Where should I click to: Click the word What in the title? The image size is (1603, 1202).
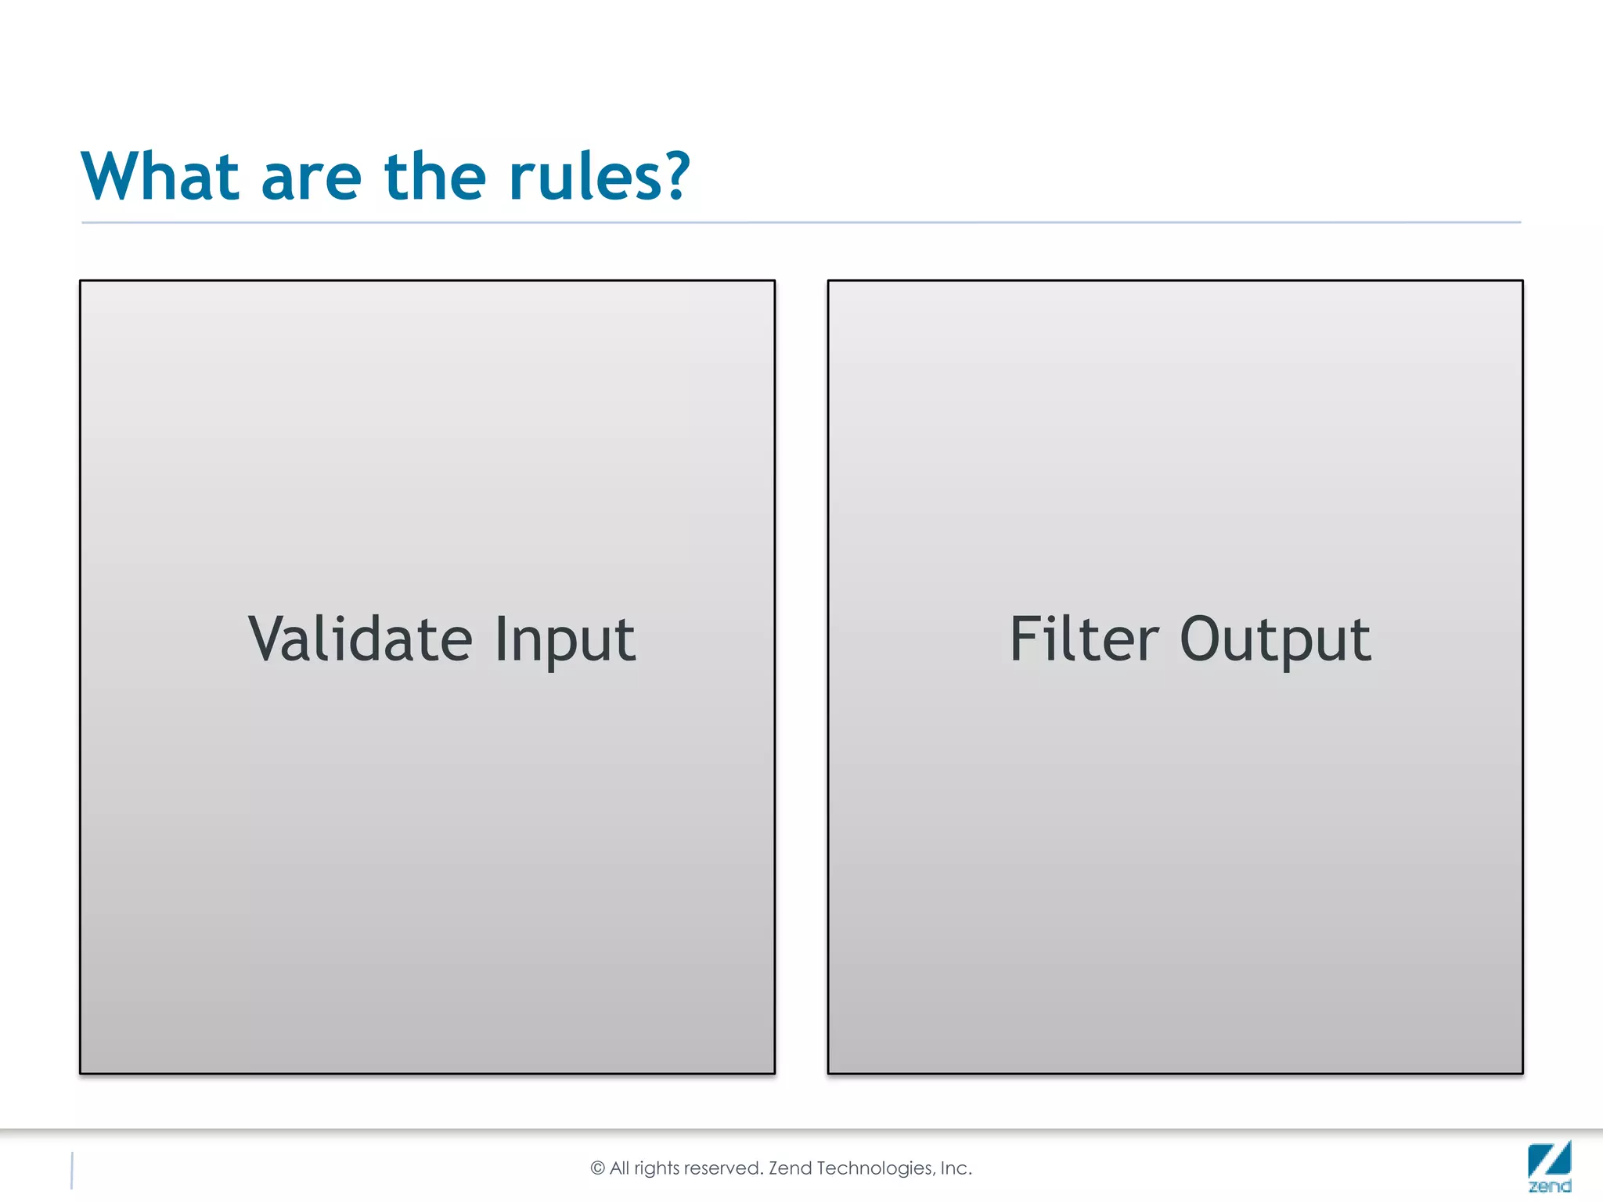coord(160,177)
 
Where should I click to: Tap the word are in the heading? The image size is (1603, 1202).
coord(311,178)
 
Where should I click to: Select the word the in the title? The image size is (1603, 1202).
coord(435,177)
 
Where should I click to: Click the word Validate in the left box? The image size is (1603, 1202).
coord(360,639)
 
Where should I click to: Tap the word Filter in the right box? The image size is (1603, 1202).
coord(1084,639)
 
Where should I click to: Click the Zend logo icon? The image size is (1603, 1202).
coord(1549,1166)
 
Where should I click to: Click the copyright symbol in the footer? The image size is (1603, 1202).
coord(598,1168)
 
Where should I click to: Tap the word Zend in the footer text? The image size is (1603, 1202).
coord(790,1168)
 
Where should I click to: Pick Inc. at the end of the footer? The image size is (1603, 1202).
coord(956,1168)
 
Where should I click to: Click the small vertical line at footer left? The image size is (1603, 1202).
coord(72,1171)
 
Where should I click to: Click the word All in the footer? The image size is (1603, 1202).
coord(619,1168)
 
